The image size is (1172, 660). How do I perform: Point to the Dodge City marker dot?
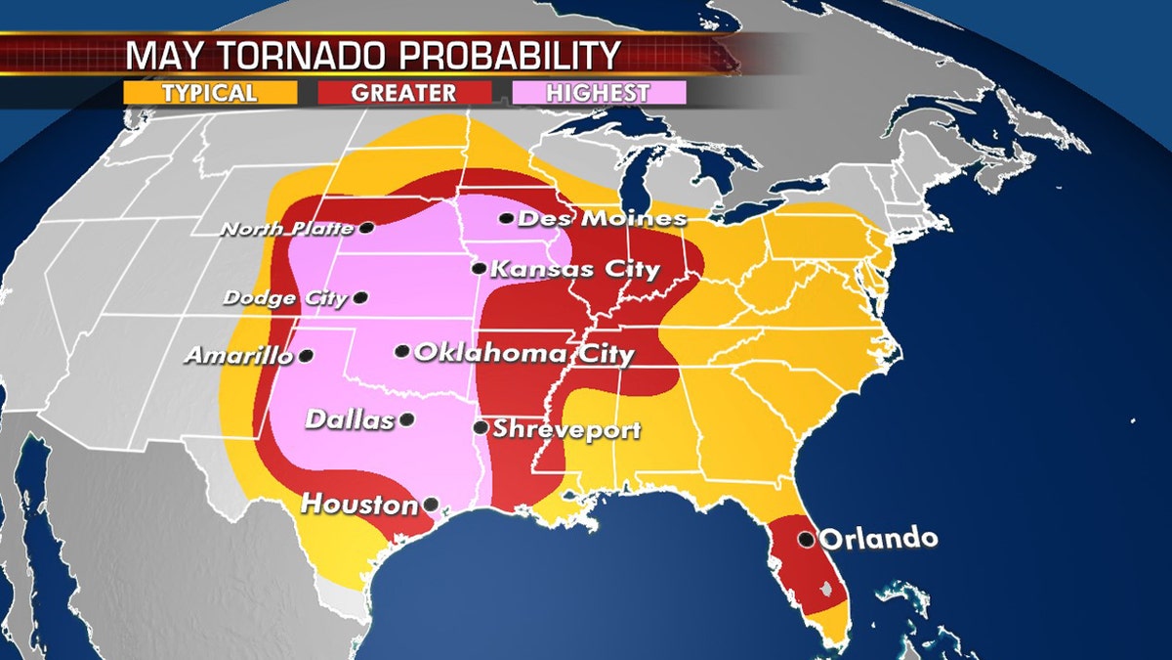tap(361, 297)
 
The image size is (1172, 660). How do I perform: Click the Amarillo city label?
tap(238, 357)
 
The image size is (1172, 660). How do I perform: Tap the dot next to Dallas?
tap(406, 419)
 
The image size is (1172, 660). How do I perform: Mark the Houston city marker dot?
tap(430, 506)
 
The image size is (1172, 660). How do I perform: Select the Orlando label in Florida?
tap(879, 539)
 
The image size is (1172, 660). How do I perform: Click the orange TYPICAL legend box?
tap(210, 93)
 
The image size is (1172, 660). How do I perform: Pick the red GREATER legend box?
tap(404, 93)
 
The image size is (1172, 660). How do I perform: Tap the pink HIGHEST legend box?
tap(599, 93)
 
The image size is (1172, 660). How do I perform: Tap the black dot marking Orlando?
tap(806, 538)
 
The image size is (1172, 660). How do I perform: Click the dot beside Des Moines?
tap(506, 218)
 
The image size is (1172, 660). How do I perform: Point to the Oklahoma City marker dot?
tap(401, 351)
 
